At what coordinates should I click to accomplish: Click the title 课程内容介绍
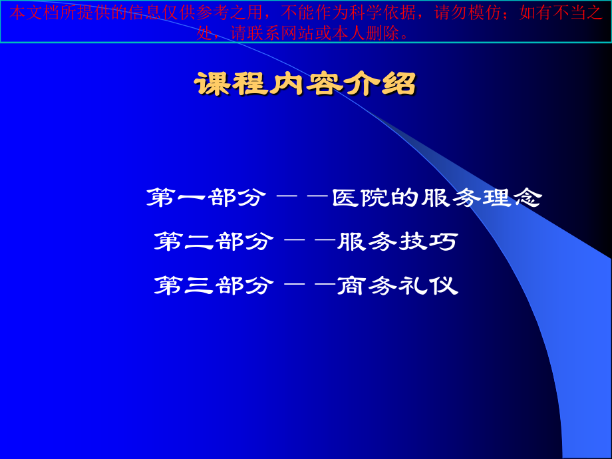[x=305, y=84]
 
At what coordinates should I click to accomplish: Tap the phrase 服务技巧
[x=398, y=241]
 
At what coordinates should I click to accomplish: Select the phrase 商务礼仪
[x=398, y=286]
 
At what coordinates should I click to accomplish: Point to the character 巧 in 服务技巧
[x=444, y=241]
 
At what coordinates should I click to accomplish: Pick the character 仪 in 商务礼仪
[x=444, y=286]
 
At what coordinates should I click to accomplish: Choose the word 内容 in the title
[x=305, y=84]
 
